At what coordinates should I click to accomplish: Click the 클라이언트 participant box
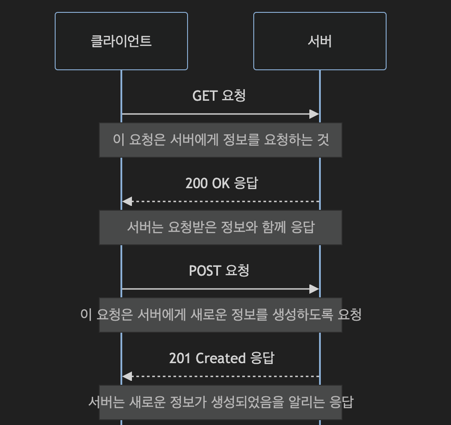pyautogui.click(x=121, y=41)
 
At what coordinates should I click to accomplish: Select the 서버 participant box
pyautogui.click(x=319, y=41)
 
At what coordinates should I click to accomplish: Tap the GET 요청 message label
pyautogui.click(x=219, y=95)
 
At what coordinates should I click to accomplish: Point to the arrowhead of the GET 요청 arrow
pyautogui.click(x=314, y=114)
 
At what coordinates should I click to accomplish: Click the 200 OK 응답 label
pyautogui.click(x=221, y=183)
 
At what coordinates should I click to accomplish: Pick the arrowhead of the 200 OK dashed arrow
pyautogui.click(x=127, y=201)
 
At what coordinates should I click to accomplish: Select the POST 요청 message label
pyautogui.click(x=219, y=270)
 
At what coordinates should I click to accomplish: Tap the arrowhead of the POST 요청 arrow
pyautogui.click(x=314, y=289)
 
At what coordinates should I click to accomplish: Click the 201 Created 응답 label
pyautogui.click(x=221, y=358)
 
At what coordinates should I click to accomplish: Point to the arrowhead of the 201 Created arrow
pyautogui.click(x=127, y=376)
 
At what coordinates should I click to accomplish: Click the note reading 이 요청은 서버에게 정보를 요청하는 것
pyautogui.click(x=221, y=140)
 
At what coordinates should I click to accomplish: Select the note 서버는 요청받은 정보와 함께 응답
pyautogui.click(x=221, y=228)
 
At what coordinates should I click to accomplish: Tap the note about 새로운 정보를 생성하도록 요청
pyautogui.click(x=221, y=315)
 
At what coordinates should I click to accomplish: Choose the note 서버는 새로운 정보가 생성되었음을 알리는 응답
pyautogui.click(x=221, y=402)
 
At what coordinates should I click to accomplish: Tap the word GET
pyautogui.click(x=204, y=95)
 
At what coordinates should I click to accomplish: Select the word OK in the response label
pyautogui.click(x=221, y=183)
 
